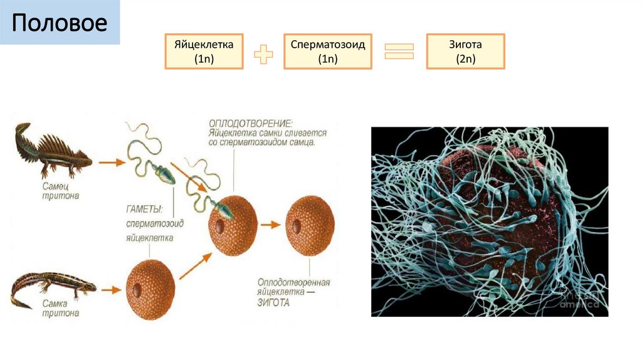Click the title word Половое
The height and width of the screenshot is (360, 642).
[60, 23]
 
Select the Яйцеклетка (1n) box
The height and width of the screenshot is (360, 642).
[204, 51]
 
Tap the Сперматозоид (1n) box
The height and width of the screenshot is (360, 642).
[328, 51]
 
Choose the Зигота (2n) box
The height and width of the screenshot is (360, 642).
[465, 51]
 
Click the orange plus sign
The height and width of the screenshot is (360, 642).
[263, 55]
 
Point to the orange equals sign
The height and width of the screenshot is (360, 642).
[399, 51]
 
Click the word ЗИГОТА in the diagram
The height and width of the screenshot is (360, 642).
[273, 302]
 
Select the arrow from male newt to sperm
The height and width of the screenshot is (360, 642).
[112, 162]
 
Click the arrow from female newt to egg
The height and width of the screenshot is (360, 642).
[110, 290]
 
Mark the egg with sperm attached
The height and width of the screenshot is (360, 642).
[234, 224]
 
